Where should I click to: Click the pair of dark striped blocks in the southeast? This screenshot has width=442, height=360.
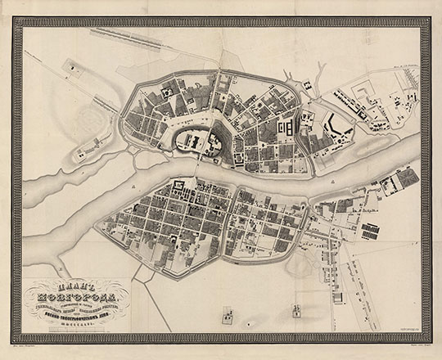[370, 231]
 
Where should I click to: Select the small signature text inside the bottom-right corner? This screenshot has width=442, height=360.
[404, 323]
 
